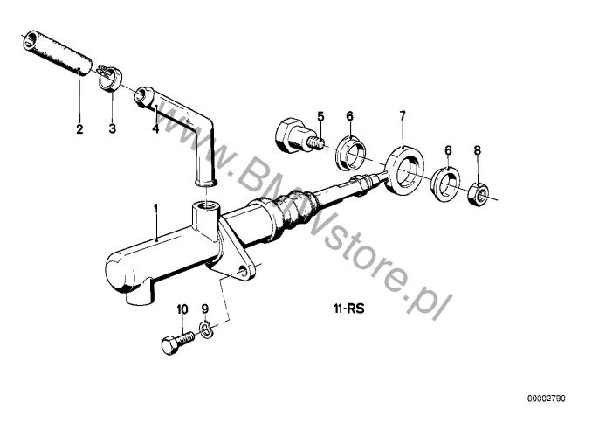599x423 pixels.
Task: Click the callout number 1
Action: pyautogui.click(x=155, y=209)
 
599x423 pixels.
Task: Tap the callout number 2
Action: pyautogui.click(x=79, y=128)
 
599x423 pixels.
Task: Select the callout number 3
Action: pyautogui.click(x=112, y=128)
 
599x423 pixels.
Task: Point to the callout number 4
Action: pyautogui.click(x=155, y=128)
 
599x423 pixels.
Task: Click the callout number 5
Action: pyautogui.click(x=320, y=116)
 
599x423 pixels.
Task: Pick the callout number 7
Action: pyautogui.click(x=403, y=115)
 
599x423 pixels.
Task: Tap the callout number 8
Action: pyautogui.click(x=477, y=150)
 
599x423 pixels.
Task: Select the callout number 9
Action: pyautogui.click(x=205, y=309)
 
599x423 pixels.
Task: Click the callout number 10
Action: pyautogui.click(x=182, y=309)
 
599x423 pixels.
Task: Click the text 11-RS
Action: pyautogui.click(x=349, y=309)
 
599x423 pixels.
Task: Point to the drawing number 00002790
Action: pyautogui.click(x=547, y=399)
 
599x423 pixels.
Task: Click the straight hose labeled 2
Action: pyautogui.click(x=58, y=52)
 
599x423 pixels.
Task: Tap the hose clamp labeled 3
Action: pyautogui.click(x=108, y=78)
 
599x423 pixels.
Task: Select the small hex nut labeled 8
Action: pyautogui.click(x=479, y=194)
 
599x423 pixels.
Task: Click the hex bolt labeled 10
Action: pyautogui.click(x=178, y=343)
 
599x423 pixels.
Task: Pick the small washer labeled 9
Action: pyautogui.click(x=206, y=330)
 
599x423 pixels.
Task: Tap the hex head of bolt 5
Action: pyautogui.click(x=286, y=134)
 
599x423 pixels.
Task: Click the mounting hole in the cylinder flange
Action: pyautogui.click(x=242, y=272)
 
